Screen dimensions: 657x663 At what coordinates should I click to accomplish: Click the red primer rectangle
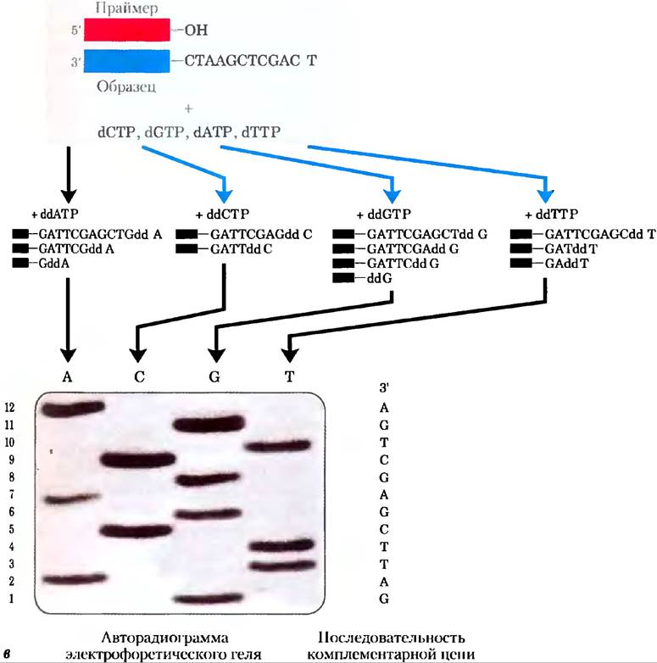coord(127,30)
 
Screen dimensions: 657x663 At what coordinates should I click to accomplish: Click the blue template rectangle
coord(127,61)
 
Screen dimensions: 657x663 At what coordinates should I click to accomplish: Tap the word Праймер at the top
coord(127,8)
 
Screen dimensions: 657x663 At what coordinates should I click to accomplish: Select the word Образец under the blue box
coord(126,86)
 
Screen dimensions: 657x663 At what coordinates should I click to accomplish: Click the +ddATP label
coord(55,214)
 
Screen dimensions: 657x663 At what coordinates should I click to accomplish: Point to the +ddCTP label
coord(222,214)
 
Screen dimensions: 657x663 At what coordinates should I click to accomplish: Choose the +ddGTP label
coord(384,214)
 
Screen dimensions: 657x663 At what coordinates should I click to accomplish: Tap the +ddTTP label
coord(551,214)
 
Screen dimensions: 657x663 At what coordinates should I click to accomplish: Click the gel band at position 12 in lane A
coord(73,408)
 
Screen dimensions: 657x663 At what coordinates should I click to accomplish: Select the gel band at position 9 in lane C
coord(138,460)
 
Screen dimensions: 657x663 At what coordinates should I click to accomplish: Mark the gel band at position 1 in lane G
coord(209,599)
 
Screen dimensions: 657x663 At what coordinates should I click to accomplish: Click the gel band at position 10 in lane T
coord(279,446)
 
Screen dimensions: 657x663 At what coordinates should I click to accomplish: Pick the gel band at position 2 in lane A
coord(75,578)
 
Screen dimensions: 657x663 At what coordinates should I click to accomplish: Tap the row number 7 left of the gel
coord(11,494)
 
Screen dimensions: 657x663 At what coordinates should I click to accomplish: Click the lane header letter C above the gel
coord(139,376)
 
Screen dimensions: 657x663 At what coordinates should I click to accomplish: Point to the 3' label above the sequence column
coord(384,387)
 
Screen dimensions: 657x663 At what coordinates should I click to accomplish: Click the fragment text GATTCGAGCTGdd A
coord(100,234)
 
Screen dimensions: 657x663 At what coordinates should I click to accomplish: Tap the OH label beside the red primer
coord(196,30)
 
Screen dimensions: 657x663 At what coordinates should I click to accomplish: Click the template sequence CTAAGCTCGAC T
coord(251,61)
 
